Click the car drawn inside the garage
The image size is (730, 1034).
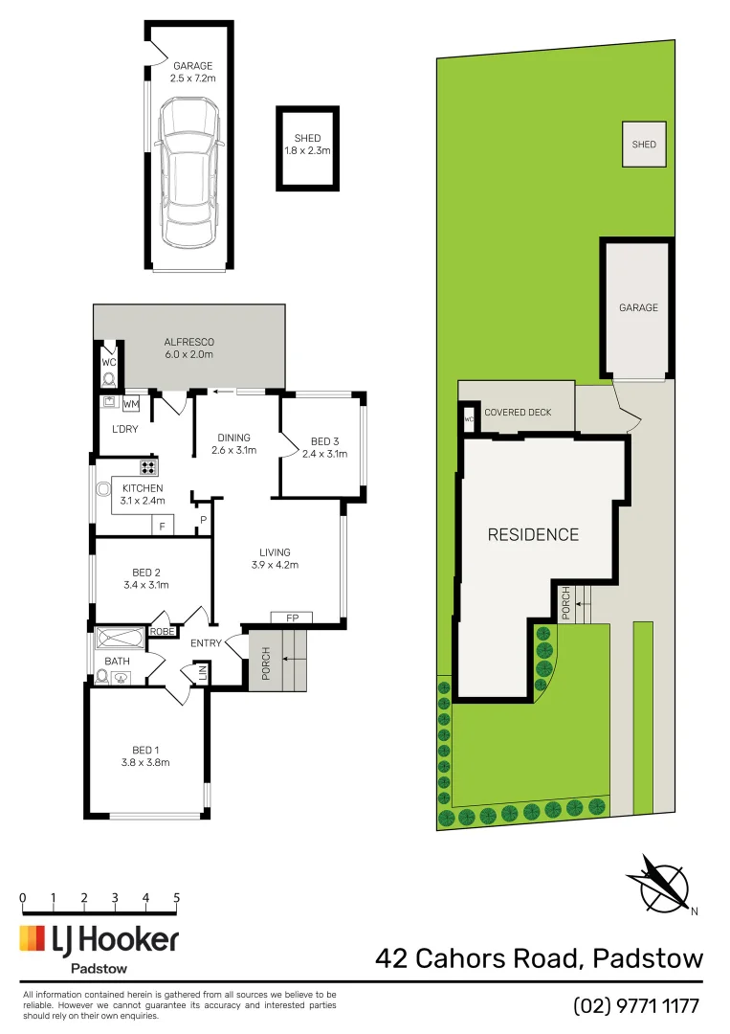pos(188,175)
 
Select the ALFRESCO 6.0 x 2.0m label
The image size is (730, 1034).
pos(188,348)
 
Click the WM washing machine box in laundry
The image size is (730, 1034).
pos(131,403)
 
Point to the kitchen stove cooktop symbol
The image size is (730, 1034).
pos(148,467)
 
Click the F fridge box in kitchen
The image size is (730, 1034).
pos(163,527)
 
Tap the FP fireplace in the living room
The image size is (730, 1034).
pos(292,618)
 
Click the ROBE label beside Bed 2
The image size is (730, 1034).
pos(163,632)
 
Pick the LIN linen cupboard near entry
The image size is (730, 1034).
pos(203,676)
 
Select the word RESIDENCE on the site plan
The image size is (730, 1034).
pos(533,534)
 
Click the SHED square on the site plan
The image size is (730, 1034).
pos(644,145)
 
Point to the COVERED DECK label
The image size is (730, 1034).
pos(519,413)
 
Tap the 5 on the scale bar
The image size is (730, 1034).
pos(177,898)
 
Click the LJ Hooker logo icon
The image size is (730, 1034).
pos(33,938)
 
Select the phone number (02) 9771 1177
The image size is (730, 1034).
pos(636,1005)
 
